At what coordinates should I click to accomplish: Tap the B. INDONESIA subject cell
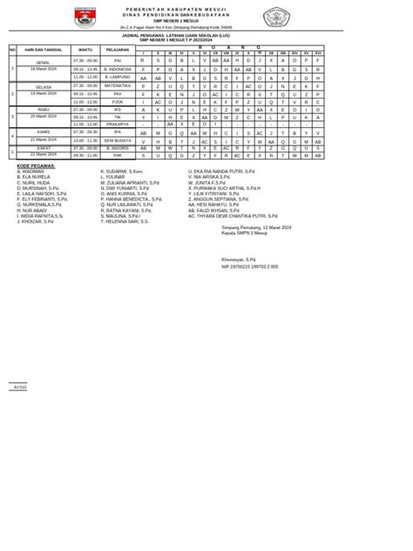point(117,68)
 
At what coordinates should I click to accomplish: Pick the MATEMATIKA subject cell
point(117,86)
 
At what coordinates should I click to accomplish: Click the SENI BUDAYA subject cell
point(117,139)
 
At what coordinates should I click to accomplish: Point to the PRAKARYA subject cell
point(117,124)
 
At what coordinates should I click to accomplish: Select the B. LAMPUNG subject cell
point(117,78)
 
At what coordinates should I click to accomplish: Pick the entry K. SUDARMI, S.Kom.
point(127,171)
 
